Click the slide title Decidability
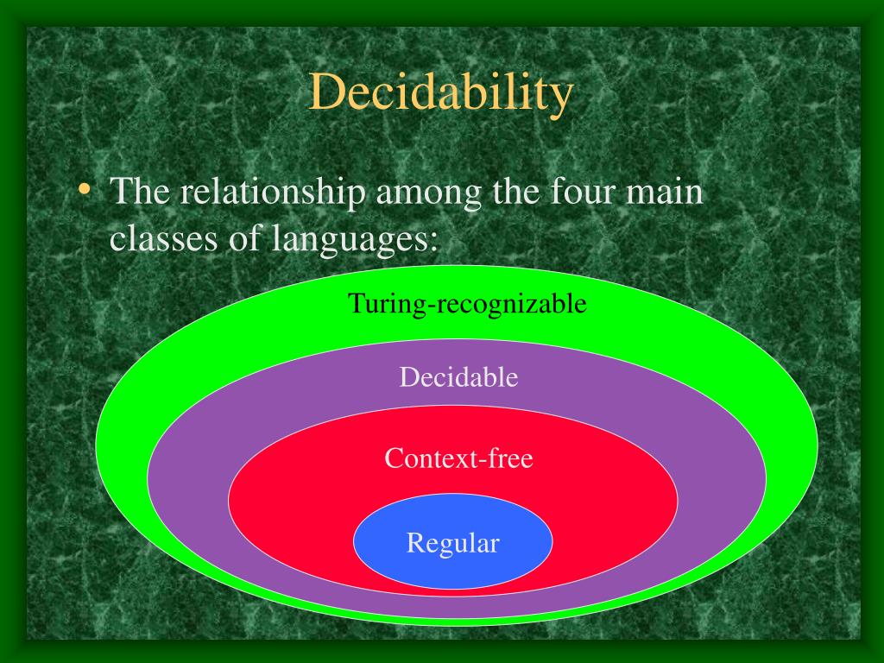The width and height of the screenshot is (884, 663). (440, 93)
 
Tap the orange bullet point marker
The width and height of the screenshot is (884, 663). (84, 190)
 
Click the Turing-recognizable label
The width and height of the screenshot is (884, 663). (467, 304)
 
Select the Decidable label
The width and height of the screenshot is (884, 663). (458, 377)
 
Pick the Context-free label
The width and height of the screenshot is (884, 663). (458, 458)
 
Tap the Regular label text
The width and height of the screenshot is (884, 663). (453, 544)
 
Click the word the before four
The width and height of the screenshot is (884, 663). (515, 192)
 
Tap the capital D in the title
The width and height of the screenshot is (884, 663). (325, 93)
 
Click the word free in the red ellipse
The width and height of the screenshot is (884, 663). (508, 458)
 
